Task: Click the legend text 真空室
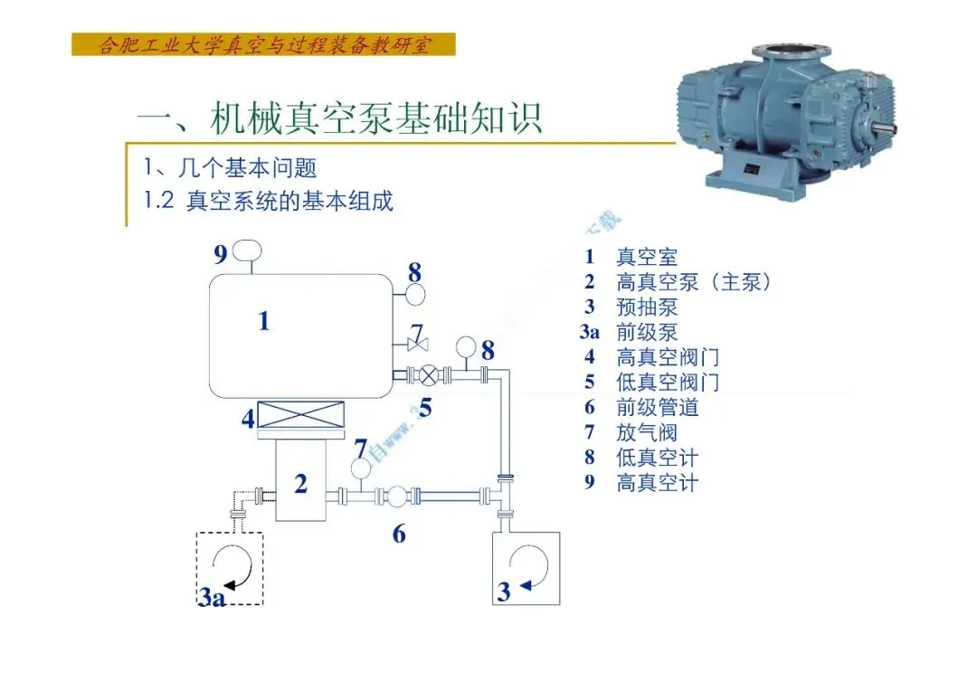tap(646, 258)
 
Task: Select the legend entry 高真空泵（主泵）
tap(694, 282)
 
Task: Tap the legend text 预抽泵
tap(646, 307)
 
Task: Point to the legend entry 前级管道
tap(658, 408)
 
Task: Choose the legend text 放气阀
tap(646, 433)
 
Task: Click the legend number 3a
tap(590, 333)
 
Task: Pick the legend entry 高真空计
tap(658, 483)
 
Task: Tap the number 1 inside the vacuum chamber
tap(263, 321)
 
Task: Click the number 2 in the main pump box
tap(301, 485)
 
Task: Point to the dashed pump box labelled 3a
tap(230, 567)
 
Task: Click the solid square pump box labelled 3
tap(526, 567)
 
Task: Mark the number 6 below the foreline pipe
tap(399, 534)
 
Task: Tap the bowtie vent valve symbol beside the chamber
tap(416, 345)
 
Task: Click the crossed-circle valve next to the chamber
tap(430, 373)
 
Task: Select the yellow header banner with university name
tap(263, 44)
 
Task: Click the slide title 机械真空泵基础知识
tap(339, 118)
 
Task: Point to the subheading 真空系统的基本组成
tap(289, 201)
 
